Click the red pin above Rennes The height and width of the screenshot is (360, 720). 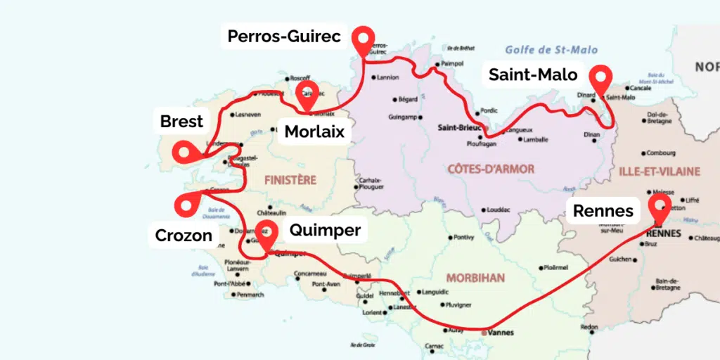click(659, 206)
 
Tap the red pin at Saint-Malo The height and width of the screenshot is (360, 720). click(600, 78)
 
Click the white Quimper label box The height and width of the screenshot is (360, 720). click(324, 230)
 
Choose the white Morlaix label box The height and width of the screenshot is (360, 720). click(314, 131)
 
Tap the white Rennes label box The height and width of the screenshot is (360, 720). click(603, 210)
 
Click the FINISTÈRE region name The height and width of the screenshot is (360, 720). click(290, 180)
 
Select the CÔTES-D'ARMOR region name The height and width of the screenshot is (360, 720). click(491, 169)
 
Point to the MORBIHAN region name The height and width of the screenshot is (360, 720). click(475, 278)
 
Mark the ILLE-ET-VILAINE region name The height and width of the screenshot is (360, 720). click(659, 171)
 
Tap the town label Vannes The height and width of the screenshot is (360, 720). click(501, 333)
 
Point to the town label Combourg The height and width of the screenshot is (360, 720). click(660, 153)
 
